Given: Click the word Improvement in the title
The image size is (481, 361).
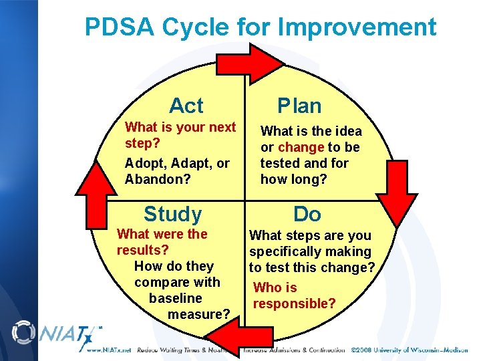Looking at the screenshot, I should point(357,27).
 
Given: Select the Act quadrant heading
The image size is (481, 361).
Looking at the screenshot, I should point(186,106).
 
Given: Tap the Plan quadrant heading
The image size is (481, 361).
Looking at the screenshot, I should point(299,106).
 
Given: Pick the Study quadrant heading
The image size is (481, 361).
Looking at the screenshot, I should point(172,214).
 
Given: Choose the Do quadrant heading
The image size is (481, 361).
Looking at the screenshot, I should point(307,214).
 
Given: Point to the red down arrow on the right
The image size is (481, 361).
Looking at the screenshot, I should point(400,193).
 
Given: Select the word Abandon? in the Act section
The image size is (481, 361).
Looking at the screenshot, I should point(157,179).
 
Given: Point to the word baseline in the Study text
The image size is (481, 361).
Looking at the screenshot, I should point(175,298).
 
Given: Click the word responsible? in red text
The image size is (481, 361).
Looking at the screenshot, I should point(294,304).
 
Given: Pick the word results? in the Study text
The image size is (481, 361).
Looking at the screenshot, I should point(142,250).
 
